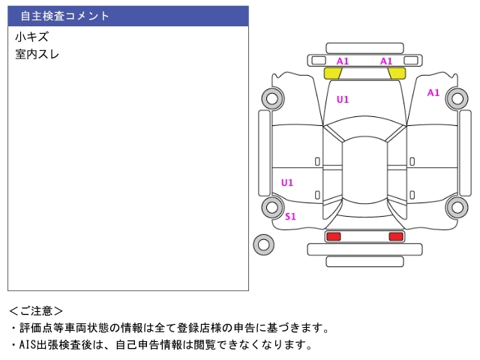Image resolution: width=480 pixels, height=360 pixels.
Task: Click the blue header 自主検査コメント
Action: [65, 16]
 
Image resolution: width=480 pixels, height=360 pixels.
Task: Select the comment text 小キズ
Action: [31, 37]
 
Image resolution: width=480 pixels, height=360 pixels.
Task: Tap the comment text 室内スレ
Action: [37, 54]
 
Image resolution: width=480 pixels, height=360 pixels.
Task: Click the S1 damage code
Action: [290, 217]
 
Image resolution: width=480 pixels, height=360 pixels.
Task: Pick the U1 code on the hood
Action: [342, 99]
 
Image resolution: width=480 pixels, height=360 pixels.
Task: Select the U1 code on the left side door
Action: [286, 182]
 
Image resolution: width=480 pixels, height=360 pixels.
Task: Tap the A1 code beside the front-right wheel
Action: [433, 93]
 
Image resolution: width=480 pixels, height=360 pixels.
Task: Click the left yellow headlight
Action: [333, 73]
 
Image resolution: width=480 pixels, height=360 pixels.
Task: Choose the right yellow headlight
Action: [396, 73]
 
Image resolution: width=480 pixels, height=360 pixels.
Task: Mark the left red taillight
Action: [333, 236]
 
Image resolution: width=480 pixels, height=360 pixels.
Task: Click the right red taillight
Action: [395, 236]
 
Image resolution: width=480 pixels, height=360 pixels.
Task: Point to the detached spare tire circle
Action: [263, 244]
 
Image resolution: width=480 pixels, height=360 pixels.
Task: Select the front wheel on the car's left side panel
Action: [271, 97]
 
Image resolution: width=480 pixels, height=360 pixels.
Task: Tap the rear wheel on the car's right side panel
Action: [457, 207]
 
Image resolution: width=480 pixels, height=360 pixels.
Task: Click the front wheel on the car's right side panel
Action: [457, 97]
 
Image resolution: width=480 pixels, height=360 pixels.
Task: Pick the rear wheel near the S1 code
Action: [271, 207]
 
